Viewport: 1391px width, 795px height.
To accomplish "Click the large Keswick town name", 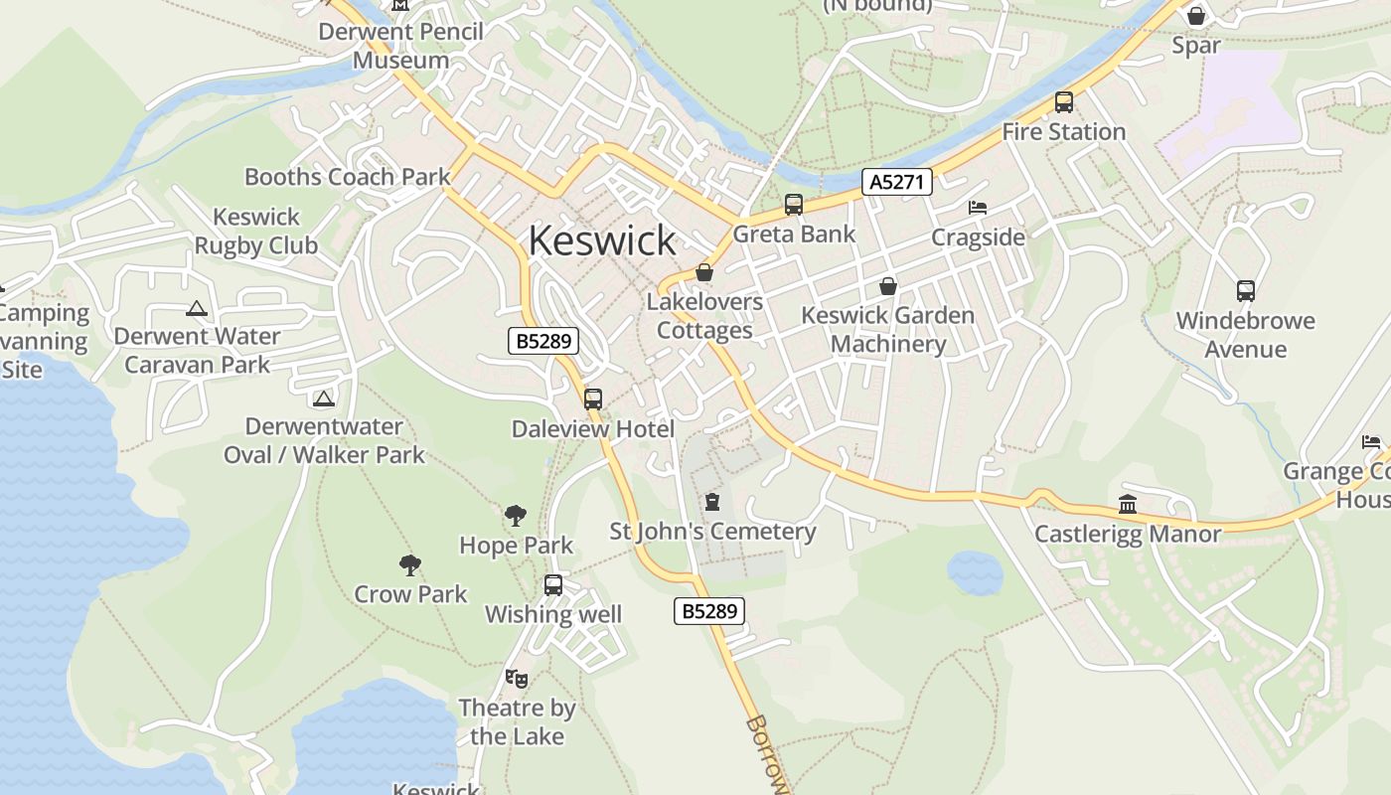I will pyautogui.click(x=602, y=240).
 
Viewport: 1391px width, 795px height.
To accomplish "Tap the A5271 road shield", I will pyautogui.click(x=896, y=182).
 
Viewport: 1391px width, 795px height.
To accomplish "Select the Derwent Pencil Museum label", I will pyautogui.click(x=401, y=46).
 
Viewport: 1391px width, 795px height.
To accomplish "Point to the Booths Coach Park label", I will pyautogui.click(x=347, y=177).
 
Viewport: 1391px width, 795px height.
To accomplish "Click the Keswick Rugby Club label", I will pyautogui.click(x=256, y=231).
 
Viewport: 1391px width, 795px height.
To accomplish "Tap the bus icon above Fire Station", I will pyautogui.click(x=1063, y=102).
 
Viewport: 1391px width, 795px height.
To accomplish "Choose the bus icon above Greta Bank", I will pyautogui.click(x=793, y=205).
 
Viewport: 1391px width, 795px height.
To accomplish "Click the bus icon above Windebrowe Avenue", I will pyautogui.click(x=1245, y=291).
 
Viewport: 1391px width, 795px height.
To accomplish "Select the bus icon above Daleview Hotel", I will pyautogui.click(x=593, y=399).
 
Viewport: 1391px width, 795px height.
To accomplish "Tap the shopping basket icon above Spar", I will pyautogui.click(x=1196, y=16).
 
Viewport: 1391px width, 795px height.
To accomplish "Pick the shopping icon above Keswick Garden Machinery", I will pyautogui.click(x=887, y=286).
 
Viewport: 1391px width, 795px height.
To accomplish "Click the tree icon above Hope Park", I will pyautogui.click(x=515, y=516).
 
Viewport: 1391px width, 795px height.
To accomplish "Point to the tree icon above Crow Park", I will pyautogui.click(x=410, y=565).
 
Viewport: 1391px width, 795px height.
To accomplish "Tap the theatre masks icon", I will pyautogui.click(x=516, y=679).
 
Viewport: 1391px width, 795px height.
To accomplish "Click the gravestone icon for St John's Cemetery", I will pyautogui.click(x=711, y=502).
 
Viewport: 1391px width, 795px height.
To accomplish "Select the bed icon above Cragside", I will pyautogui.click(x=978, y=208).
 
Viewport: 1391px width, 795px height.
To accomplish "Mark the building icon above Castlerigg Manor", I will pyautogui.click(x=1127, y=505).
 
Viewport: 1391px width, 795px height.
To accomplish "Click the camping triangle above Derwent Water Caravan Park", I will pyautogui.click(x=197, y=309).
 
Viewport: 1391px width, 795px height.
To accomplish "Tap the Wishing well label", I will pyautogui.click(x=553, y=614).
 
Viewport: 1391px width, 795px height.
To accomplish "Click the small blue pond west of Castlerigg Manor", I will pyautogui.click(x=975, y=573).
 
